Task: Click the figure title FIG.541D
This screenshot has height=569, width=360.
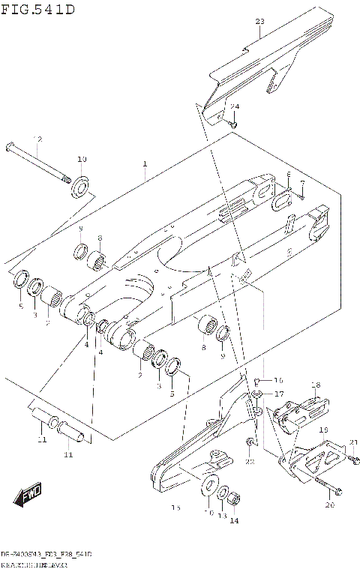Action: (37, 9)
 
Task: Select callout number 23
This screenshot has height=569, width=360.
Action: (259, 22)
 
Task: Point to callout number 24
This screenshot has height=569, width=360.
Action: (234, 106)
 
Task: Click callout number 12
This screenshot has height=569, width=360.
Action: (37, 139)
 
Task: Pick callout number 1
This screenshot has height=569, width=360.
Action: (145, 163)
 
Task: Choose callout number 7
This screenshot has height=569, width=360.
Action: (301, 182)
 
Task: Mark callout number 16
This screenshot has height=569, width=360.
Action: (277, 379)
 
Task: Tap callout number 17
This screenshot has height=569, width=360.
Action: (278, 394)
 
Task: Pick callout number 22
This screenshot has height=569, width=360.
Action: (250, 462)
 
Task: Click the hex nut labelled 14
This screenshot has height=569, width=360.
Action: (233, 498)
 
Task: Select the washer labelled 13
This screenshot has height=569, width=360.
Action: (223, 493)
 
